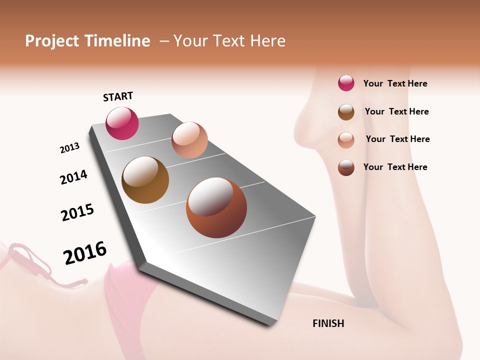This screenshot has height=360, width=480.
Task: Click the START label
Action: (118, 96)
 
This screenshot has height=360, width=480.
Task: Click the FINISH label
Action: (328, 323)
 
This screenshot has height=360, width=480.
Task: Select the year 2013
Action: (70, 148)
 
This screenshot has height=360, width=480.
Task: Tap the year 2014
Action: (74, 177)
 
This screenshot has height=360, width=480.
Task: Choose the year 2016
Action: (85, 253)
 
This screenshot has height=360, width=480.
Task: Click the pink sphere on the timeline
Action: (122, 123)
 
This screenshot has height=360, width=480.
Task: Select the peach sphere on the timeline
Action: (189, 140)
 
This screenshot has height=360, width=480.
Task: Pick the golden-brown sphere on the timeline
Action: (145, 180)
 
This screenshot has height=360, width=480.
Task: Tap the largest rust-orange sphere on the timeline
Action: (216, 207)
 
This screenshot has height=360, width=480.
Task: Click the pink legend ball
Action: (346, 83)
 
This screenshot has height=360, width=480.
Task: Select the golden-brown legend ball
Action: (346, 112)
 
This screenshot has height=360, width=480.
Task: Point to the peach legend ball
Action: (346, 139)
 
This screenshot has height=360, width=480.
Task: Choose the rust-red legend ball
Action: (346, 167)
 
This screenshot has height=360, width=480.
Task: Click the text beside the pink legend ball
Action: (395, 83)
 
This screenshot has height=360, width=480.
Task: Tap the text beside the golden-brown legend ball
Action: (396, 111)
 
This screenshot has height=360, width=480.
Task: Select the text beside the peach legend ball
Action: (397, 139)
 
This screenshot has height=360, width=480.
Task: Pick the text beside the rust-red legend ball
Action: (395, 167)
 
